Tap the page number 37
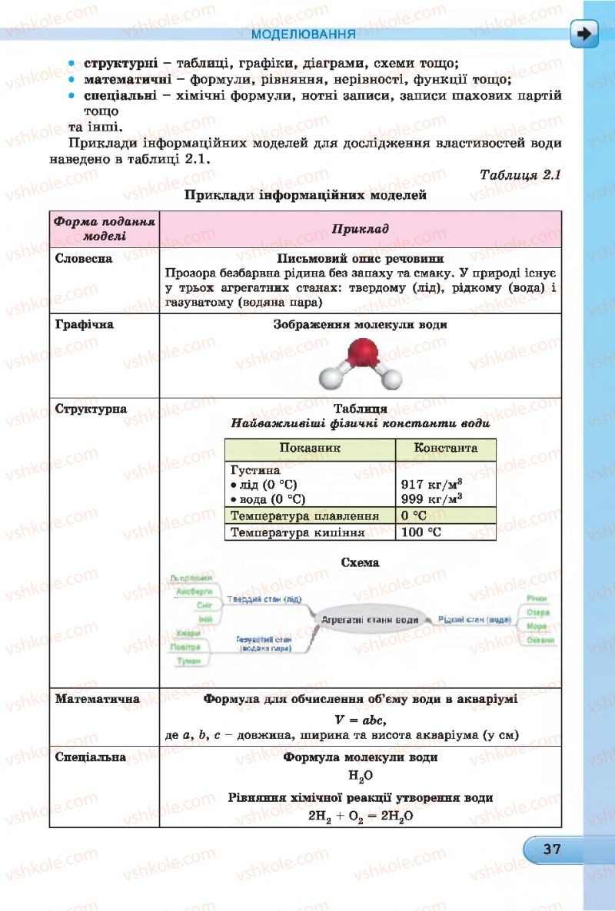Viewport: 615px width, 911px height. pyautogui.click(x=551, y=850)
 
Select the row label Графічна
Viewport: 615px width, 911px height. pyautogui.click(x=85, y=324)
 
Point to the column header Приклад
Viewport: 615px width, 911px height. pyautogui.click(x=361, y=229)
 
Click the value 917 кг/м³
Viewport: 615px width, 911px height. pyautogui.click(x=431, y=485)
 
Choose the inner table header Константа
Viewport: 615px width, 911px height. pyautogui.click(x=445, y=448)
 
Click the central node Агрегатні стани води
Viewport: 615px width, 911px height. pyautogui.click(x=370, y=619)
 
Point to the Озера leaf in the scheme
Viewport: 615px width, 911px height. pyautogui.click(x=537, y=612)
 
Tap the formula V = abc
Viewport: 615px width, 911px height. pyautogui.click(x=361, y=720)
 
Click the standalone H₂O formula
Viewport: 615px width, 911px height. pyautogui.click(x=361, y=777)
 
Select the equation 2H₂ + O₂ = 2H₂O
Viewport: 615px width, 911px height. pyautogui.click(x=361, y=817)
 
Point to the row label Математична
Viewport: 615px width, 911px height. pyautogui.click(x=98, y=699)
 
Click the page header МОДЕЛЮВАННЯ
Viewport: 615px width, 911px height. pyautogui.click(x=303, y=35)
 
